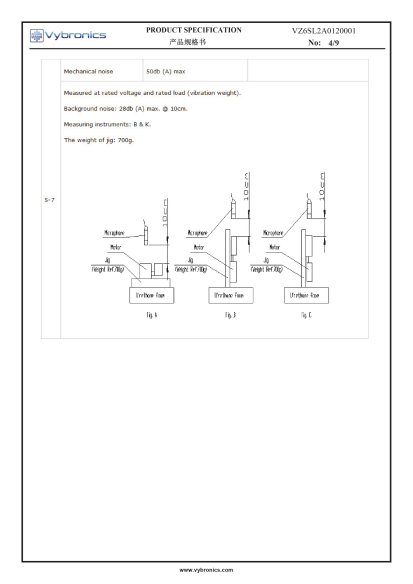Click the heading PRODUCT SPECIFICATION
point(193,30)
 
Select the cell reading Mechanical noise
point(88,71)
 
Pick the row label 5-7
point(50,203)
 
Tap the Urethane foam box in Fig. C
point(305,295)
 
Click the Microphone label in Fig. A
point(110,233)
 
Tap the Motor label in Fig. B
point(197,246)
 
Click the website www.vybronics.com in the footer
point(206,570)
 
